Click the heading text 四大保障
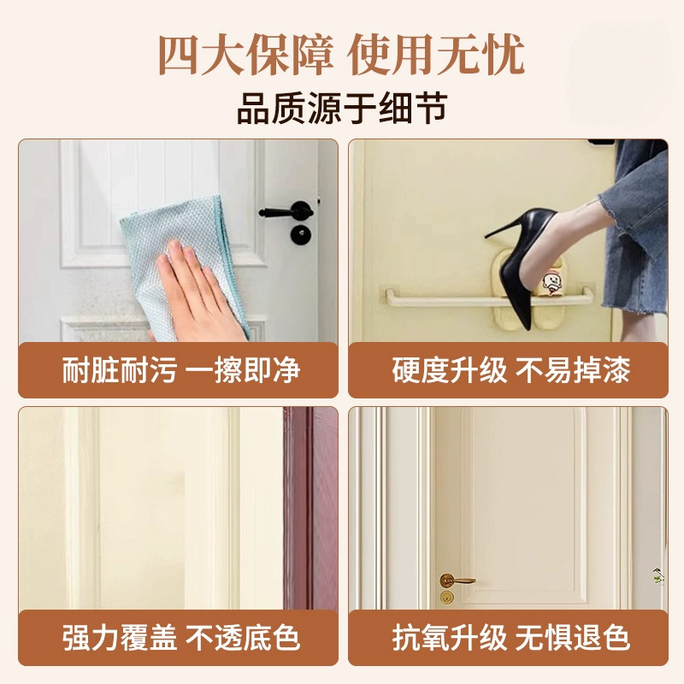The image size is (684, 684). (245, 56)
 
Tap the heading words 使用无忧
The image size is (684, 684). (437, 56)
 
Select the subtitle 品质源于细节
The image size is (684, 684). (343, 109)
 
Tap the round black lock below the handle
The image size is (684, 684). (301, 234)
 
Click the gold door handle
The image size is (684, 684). (456, 581)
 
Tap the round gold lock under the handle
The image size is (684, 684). (446, 596)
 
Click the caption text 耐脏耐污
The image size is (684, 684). (119, 370)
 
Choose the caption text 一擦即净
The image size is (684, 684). (243, 370)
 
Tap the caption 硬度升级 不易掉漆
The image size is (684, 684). (510, 370)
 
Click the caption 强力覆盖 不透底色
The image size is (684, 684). (181, 638)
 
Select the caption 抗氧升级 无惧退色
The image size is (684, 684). (510, 638)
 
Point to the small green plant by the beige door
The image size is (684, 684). (658, 575)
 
